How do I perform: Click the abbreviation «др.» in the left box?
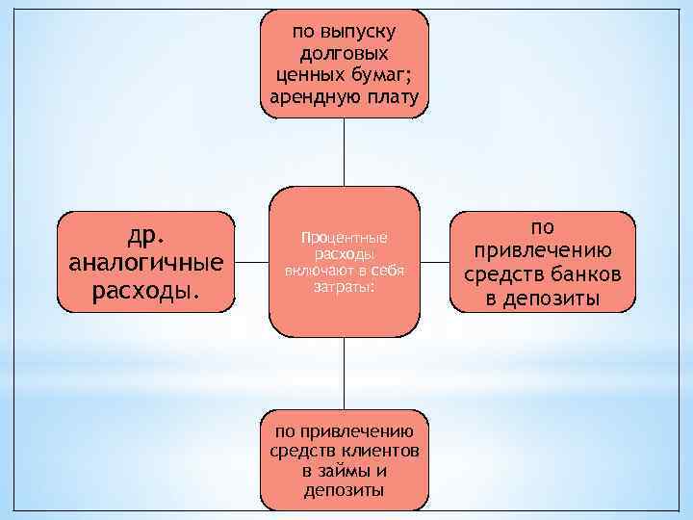pyautogui.click(x=145, y=236)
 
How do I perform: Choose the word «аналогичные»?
pyautogui.click(x=146, y=262)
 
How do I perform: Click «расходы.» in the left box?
pyautogui.click(x=146, y=289)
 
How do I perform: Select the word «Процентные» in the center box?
pyautogui.click(x=344, y=237)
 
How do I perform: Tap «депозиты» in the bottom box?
pyautogui.click(x=344, y=491)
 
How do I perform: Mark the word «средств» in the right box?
pyautogui.click(x=503, y=276)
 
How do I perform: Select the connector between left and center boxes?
pyautogui.click(x=251, y=262)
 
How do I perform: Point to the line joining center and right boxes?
pyautogui.click(x=435, y=262)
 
